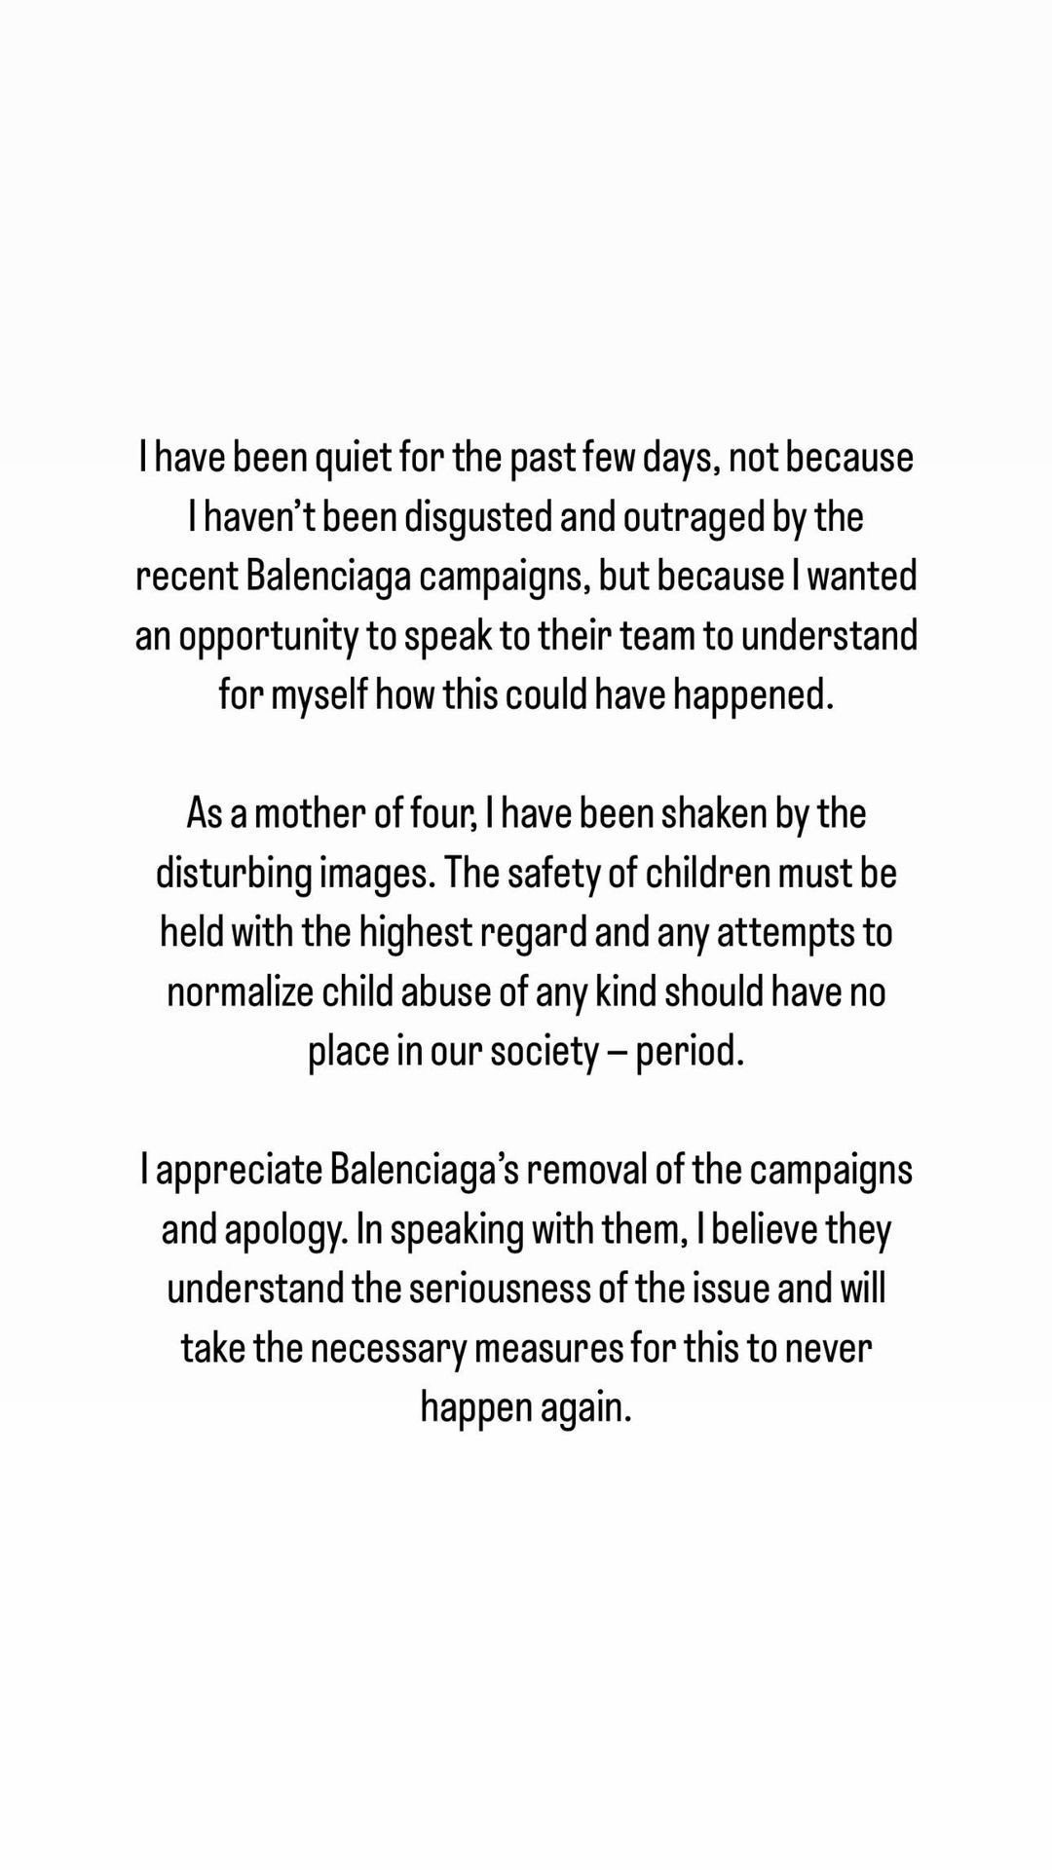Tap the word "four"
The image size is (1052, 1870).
(x=442, y=813)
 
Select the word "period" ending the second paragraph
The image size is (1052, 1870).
(x=689, y=1052)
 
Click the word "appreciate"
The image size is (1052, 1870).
(x=238, y=1171)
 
